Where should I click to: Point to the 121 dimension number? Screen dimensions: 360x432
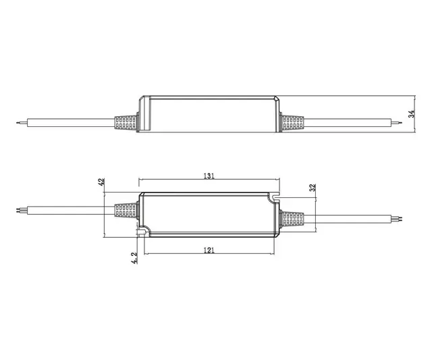click(209, 250)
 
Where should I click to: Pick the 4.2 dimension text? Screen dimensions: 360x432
click(134, 258)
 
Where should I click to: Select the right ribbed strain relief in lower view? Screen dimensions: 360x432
click(291, 220)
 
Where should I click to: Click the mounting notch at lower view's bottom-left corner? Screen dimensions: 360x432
click(142, 232)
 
